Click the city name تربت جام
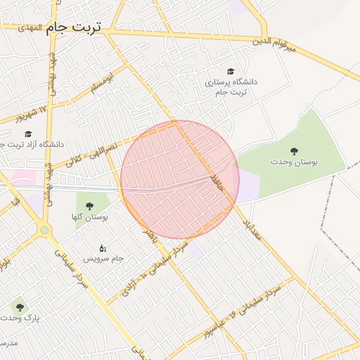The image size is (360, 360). pos(73,27)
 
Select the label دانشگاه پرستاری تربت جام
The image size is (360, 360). pos(231,86)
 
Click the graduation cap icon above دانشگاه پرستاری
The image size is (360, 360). pos(231,71)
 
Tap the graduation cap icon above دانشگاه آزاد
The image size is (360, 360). pos(28,134)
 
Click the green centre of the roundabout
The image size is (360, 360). pos(45,230)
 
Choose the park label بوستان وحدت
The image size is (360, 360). pos(294,162)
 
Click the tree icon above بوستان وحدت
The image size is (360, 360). pos(293,150)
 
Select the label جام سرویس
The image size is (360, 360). pos(103,259)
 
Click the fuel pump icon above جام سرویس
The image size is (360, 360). pos(103,247)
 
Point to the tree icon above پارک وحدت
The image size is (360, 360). pos(19,307)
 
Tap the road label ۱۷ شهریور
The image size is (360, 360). pos(33,112)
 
